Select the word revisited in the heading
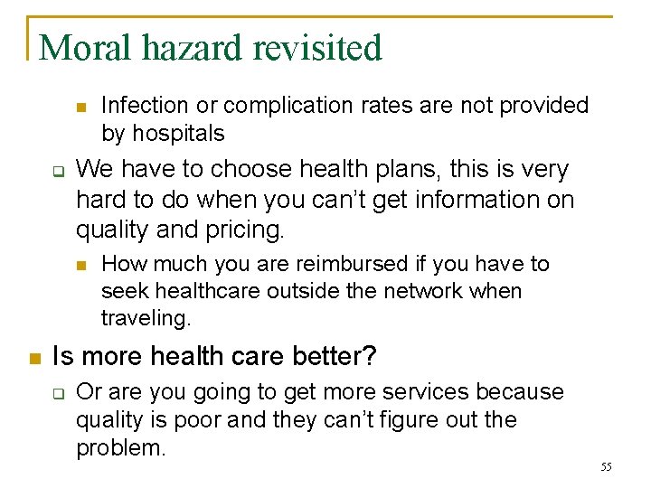click(317, 48)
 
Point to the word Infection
click(145, 106)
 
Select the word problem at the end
click(121, 448)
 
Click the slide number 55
click(606, 466)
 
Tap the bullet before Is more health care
click(34, 358)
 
